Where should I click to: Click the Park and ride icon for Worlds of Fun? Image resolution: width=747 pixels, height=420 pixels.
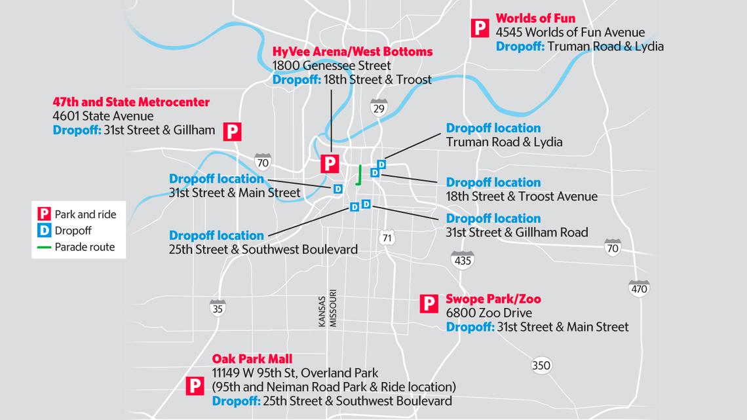(x=480, y=28)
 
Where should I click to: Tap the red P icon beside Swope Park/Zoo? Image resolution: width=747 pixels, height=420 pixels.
(x=428, y=303)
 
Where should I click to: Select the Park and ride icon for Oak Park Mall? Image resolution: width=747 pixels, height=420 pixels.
(x=194, y=386)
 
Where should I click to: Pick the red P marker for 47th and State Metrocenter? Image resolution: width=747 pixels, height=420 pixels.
(x=233, y=131)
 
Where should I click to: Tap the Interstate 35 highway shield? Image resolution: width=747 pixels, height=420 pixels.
(x=218, y=307)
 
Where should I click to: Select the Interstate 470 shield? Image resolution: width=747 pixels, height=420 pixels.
(x=638, y=288)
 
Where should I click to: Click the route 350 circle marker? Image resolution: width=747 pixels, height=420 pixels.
(x=541, y=365)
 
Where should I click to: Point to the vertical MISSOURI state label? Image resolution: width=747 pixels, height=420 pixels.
(x=332, y=308)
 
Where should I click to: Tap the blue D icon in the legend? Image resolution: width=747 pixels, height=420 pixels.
(x=45, y=231)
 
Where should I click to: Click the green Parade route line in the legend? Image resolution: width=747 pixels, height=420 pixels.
(x=45, y=247)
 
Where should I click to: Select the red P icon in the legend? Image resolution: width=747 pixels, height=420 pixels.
(x=45, y=214)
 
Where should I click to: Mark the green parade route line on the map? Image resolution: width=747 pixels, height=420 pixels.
(x=359, y=175)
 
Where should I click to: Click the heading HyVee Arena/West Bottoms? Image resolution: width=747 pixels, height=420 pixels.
(x=352, y=51)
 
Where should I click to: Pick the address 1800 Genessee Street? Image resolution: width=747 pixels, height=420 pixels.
(x=332, y=66)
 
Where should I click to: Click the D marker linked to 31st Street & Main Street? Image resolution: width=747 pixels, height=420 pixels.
(x=338, y=189)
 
